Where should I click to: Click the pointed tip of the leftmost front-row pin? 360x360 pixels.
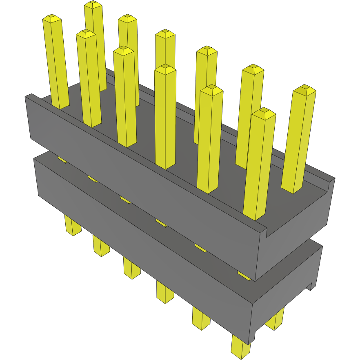[x=52, y=18]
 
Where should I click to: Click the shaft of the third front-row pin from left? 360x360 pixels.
[x=125, y=98]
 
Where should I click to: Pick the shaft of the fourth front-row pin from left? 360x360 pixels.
[x=165, y=118]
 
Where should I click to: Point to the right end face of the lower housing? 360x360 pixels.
[x=286, y=298]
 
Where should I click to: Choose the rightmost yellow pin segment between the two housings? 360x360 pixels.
[x=244, y=276]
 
